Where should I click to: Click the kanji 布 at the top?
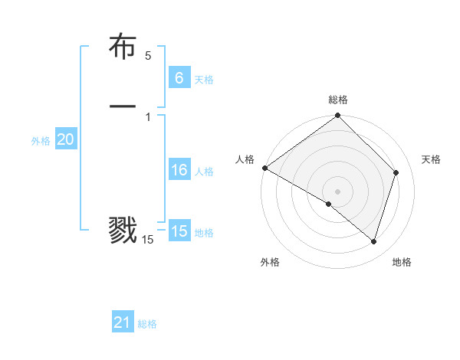pyautogui.click(x=123, y=47)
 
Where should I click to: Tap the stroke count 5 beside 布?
pyautogui.click(x=148, y=56)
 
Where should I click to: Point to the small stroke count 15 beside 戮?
pyautogui.click(x=148, y=240)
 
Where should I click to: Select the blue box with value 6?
pyautogui.click(x=179, y=78)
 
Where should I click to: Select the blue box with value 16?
pyautogui.click(x=179, y=170)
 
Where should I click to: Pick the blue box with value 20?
pyautogui.click(x=65, y=139)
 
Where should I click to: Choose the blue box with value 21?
pyautogui.click(x=123, y=323)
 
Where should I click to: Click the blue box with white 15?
pyautogui.click(x=179, y=231)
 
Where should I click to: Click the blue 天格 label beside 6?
pyautogui.click(x=204, y=80)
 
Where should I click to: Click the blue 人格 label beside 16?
pyautogui.click(x=204, y=172)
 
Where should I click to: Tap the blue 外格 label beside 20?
pyautogui.click(x=41, y=141)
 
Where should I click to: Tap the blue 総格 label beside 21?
pyautogui.click(x=147, y=325)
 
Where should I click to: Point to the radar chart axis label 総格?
pyautogui.click(x=338, y=100)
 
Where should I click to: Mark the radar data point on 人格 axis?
pyautogui.click(x=264, y=168)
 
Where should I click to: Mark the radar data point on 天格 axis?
pyautogui.click(x=396, y=172)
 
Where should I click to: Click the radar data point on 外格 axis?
pyautogui.click(x=329, y=204)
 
